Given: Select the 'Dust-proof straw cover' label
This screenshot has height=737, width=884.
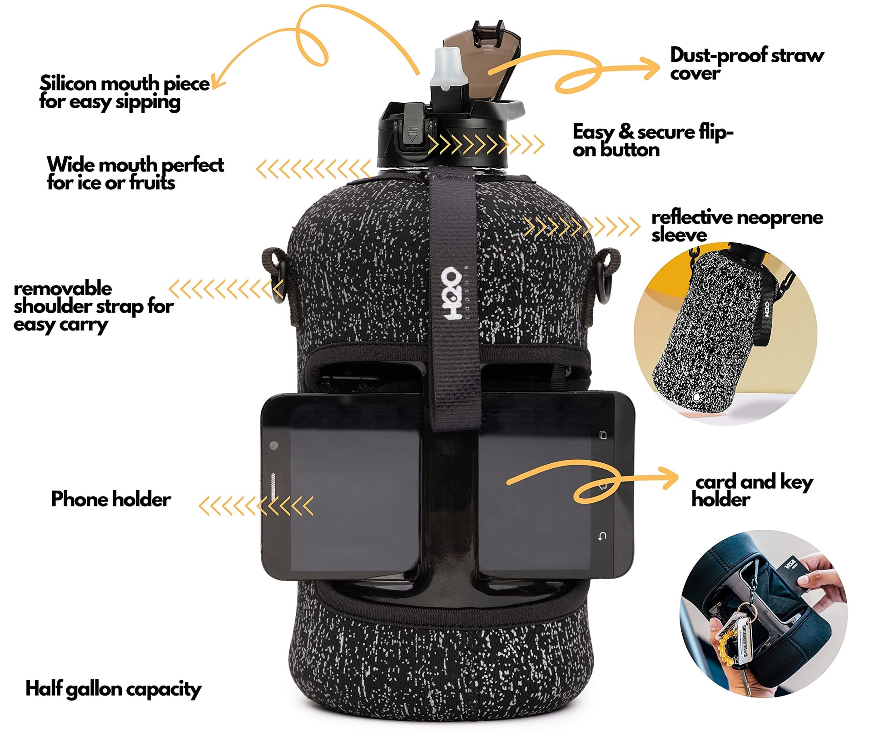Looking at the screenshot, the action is click(x=747, y=64).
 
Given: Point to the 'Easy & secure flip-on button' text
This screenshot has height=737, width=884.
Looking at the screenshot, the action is click(x=653, y=140).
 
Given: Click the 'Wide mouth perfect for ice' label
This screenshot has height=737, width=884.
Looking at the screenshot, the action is click(x=135, y=173).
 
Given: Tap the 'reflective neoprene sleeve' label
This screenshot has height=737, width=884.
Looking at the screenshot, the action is click(x=737, y=226).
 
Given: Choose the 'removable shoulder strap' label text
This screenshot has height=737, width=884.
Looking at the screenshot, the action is click(x=94, y=306).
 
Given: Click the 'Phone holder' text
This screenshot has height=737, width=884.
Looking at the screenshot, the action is click(x=111, y=499).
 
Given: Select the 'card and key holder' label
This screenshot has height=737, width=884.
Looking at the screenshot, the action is click(x=752, y=490).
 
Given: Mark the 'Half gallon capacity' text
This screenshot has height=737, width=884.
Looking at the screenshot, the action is click(x=113, y=690).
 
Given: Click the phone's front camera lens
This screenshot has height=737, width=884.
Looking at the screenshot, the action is click(x=274, y=445).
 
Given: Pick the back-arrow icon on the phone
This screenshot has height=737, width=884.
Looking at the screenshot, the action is click(x=602, y=536).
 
